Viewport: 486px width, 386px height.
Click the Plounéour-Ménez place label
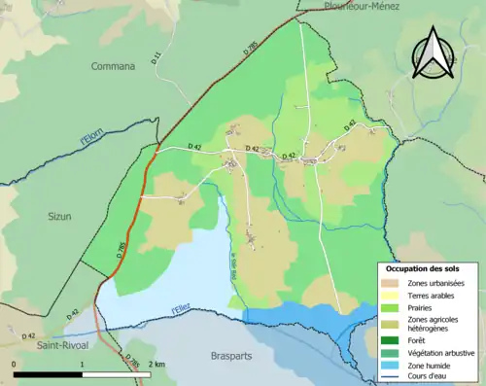364,5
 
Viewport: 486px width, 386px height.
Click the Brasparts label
231,356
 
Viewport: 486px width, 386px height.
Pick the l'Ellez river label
181,309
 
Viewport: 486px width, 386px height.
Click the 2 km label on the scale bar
158,364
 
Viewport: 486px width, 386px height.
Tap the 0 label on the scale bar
15,364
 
